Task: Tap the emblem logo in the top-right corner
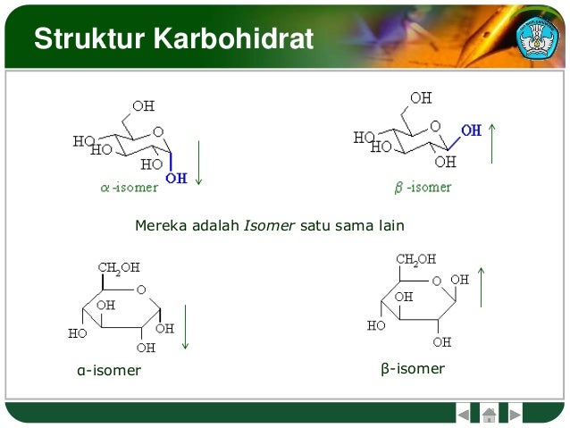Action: click(x=538, y=35)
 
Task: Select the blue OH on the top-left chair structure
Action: click(x=177, y=178)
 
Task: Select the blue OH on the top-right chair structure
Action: click(x=471, y=130)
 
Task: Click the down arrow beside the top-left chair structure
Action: click(x=198, y=161)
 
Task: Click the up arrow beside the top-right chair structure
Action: click(x=492, y=143)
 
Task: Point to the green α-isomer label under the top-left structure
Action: click(x=130, y=188)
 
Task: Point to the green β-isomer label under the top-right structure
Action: click(x=423, y=188)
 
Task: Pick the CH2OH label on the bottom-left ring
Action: click(x=119, y=267)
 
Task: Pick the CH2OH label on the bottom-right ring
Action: click(x=416, y=260)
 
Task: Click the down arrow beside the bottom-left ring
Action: click(x=186, y=327)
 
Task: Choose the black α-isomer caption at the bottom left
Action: click(x=109, y=370)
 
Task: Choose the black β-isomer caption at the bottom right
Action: click(x=412, y=368)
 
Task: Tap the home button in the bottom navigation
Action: click(x=489, y=415)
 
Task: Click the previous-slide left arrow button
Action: click(x=464, y=415)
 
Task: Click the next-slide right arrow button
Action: click(x=515, y=415)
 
